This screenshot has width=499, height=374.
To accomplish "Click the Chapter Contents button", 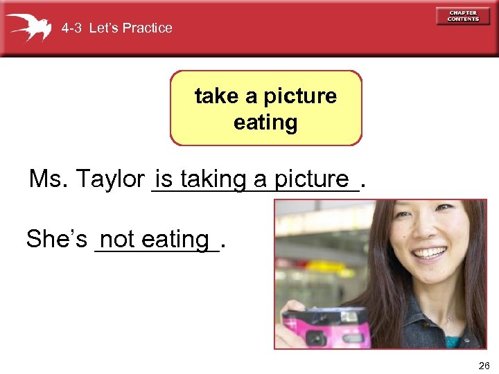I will click(463, 17).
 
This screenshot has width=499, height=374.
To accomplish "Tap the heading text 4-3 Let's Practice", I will click(116, 28).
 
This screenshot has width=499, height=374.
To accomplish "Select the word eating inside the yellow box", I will click(265, 123).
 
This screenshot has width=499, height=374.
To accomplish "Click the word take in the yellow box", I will click(217, 96).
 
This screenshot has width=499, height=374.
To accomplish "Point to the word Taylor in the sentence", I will click(112, 179).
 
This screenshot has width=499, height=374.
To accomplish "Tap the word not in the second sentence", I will click(116, 240).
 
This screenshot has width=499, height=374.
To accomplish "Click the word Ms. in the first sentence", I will click(47, 179).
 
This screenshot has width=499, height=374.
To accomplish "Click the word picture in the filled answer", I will click(311, 179).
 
